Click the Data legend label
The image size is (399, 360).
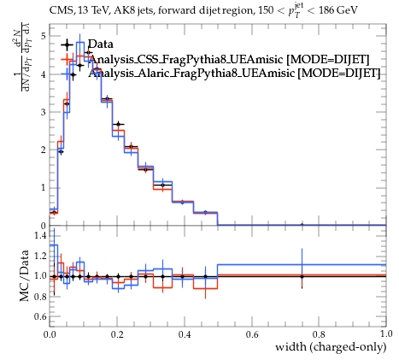pos(101,44)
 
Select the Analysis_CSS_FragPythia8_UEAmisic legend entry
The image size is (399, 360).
pos(229,59)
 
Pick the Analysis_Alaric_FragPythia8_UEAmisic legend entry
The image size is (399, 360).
pos(234,74)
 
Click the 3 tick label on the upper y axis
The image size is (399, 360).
pos(44,112)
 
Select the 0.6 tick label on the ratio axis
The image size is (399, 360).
pos(40,316)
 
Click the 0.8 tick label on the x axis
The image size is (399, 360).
pos(319,334)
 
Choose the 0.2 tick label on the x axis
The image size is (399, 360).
pos(117,334)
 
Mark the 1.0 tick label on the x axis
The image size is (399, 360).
pos(386,334)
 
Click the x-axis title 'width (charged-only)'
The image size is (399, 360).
pos(331,347)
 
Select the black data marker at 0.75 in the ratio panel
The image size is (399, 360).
pos(302,276)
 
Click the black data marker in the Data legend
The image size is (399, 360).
pos(67,44)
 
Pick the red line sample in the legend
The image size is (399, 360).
pos(67,59)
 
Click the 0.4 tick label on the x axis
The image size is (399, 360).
pos(185,334)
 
